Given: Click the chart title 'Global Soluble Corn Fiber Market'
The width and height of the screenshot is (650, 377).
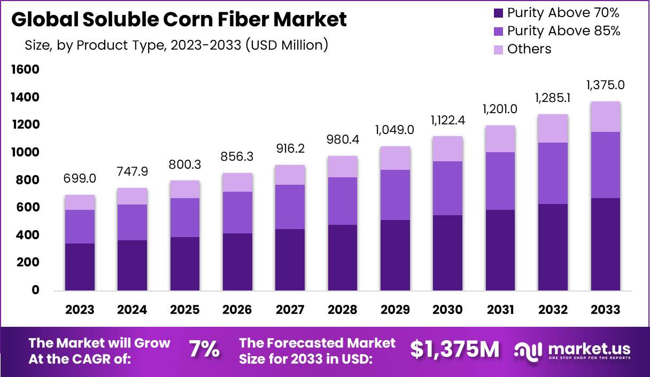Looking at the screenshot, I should coord(179,20).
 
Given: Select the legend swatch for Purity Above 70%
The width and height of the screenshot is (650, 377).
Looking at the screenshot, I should coord(498,13).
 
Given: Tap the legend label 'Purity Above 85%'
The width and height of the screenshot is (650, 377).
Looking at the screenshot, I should coord(563,31).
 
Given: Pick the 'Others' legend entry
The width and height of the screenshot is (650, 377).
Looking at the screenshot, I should coord(529,49).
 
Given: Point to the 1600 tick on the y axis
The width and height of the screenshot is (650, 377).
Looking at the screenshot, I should coord(25,69).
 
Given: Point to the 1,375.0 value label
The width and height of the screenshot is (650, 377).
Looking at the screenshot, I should coord(606,85).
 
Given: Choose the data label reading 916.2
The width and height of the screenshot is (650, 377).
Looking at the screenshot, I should coord(290,148).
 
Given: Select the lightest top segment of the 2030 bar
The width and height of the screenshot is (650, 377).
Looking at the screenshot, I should coord(448,149).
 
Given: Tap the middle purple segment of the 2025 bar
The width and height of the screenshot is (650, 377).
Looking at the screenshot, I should coord(185,217).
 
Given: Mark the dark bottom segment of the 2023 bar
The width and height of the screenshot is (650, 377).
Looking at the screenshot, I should coord(80,266).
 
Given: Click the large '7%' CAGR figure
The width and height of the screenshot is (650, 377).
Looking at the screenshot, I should coord(204,349).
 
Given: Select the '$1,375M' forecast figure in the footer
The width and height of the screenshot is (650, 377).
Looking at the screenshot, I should coord(455,349).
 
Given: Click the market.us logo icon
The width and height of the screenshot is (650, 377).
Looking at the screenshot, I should coord(529,350).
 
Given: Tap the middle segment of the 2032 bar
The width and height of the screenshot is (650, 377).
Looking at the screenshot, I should coord(553,173).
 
